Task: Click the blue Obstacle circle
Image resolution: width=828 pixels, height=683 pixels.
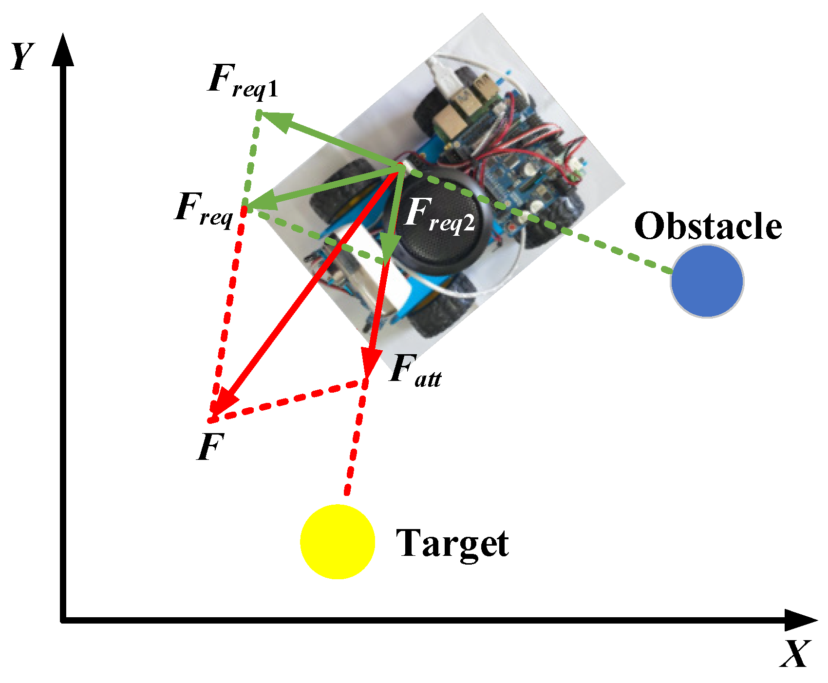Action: pos(706,281)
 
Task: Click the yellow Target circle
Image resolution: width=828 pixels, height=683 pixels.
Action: pos(337,541)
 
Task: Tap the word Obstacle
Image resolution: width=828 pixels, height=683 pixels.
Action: pos(708,227)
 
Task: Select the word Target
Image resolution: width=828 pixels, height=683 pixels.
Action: pos(452,544)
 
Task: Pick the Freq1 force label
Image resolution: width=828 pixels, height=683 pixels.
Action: pos(242,82)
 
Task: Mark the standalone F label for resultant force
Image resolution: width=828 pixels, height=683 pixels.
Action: pos(210,447)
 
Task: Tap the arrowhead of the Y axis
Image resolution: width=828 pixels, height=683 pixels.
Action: pos(63,49)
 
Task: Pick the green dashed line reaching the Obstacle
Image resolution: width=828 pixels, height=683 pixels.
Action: pos(584,239)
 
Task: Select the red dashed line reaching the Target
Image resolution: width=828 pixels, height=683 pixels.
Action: pos(353,453)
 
